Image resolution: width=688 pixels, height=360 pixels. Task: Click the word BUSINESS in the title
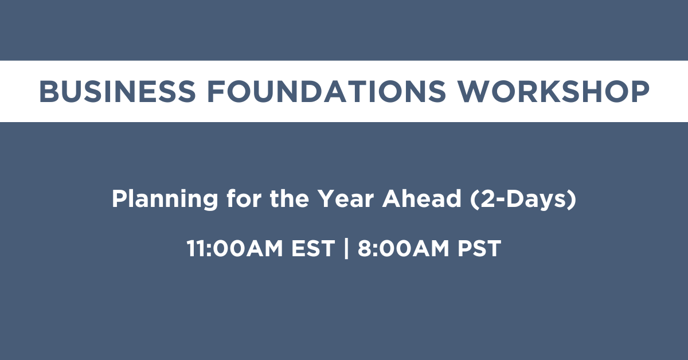tap(118, 91)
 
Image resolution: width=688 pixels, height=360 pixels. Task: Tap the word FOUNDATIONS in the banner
tap(326, 91)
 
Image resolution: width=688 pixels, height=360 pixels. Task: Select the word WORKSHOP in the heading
tap(553, 91)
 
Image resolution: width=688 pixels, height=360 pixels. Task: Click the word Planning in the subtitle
tap(165, 199)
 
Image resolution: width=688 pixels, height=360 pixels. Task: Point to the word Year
tap(345, 199)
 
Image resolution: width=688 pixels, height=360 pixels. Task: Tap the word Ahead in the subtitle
tap(421, 198)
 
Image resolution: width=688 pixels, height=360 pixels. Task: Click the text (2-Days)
tap(523, 199)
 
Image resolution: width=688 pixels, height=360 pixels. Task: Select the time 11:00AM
tap(234, 248)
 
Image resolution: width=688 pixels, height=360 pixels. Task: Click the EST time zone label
tap(313, 248)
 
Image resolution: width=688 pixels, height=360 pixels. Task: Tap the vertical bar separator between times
tap(346, 248)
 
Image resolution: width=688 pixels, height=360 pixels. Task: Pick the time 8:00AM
tap(403, 248)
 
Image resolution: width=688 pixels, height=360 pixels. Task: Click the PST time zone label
tap(479, 248)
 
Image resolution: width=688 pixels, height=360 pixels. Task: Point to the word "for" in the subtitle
tap(244, 198)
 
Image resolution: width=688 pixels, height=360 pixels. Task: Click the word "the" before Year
tap(289, 198)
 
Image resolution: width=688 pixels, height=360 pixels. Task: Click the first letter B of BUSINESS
tap(49, 91)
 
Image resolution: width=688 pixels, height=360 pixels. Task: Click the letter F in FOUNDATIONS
tap(216, 91)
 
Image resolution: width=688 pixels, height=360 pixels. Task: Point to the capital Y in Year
tap(326, 199)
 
